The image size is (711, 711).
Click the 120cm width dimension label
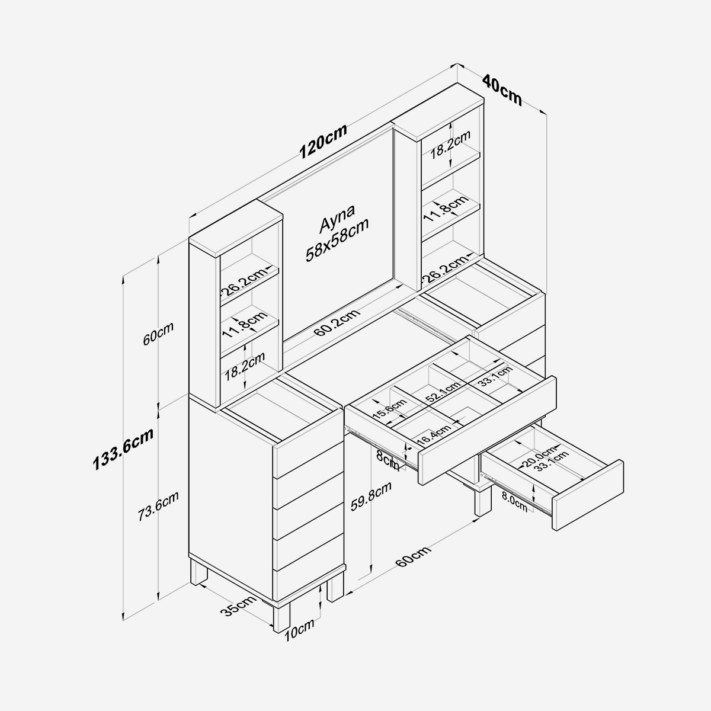[x=323, y=141]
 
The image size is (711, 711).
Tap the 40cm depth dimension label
[x=502, y=91]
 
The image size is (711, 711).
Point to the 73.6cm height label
[x=158, y=506]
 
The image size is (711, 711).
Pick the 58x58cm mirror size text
[x=337, y=240]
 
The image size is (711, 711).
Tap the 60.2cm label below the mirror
[x=337, y=322]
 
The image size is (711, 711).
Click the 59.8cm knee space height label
[x=370, y=497]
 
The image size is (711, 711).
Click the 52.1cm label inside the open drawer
[x=443, y=392]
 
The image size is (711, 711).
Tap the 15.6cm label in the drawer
[x=390, y=409]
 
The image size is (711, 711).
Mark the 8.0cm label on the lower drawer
[x=514, y=503]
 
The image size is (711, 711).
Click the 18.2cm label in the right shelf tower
[x=450, y=144]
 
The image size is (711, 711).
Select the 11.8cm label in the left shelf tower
[x=245, y=325]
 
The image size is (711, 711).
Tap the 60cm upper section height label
[x=158, y=334]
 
